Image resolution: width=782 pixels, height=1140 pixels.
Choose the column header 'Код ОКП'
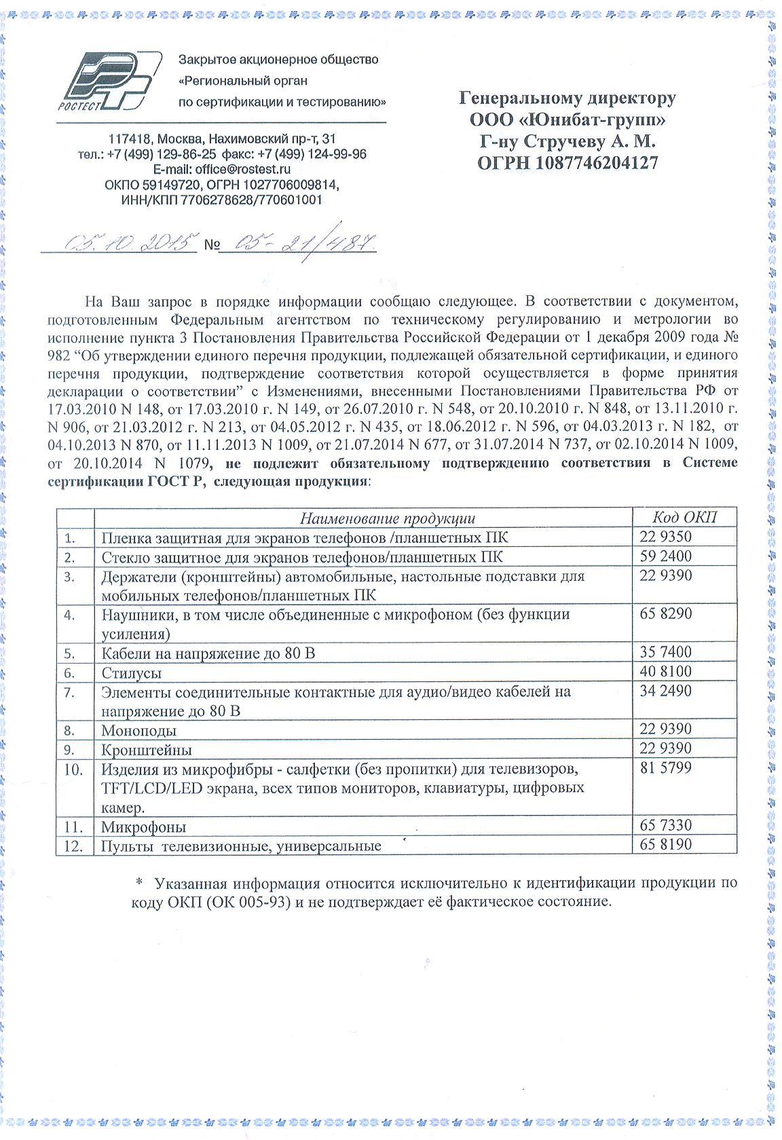(x=684, y=517)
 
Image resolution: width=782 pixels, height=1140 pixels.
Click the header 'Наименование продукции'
(x=388, y=518)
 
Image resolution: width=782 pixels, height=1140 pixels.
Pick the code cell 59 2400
(x=665, y=556)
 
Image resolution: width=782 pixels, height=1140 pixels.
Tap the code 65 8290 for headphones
(x=665, y=614)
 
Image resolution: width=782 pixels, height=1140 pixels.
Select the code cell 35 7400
(x=665, y=652)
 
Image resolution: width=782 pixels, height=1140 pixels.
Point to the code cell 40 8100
(x=665, y=672)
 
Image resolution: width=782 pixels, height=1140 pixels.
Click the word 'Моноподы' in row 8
(x=138, y=730)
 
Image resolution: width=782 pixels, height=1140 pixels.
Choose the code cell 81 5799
(x=665, y=769)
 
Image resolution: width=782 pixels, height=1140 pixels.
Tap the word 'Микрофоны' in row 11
(x=143, y=826)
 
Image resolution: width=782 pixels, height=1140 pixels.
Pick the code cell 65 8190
(x=665, y=845)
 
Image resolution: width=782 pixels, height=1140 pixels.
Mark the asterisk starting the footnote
(x=139, y=883)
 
